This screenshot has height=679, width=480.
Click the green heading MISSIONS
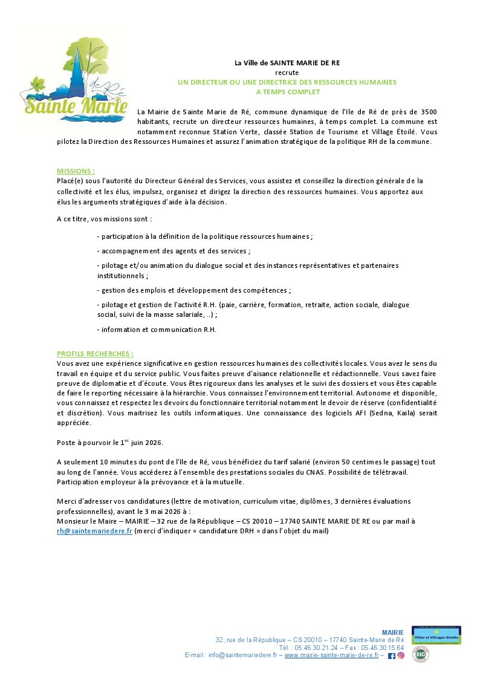click(76, 171)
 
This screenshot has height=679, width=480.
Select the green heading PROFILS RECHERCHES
click(95, 354)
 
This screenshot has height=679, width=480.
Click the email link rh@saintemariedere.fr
click(94, 531)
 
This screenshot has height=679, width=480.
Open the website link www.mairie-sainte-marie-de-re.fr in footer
click(331, 655)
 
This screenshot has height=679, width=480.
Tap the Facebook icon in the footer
click(391, 655)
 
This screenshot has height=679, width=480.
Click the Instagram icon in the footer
click(400, 655)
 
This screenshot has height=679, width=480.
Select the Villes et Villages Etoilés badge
click(436, 635)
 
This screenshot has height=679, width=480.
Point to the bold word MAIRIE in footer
click(393, 632)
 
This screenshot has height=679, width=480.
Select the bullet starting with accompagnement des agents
click(174, 250)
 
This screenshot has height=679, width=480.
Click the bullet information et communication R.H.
click(157, 330)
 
